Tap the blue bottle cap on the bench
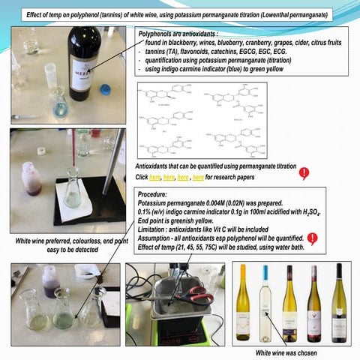(x=105, y=88)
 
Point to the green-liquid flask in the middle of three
(x=63, y=312)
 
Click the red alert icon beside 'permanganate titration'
(x=304, y=173)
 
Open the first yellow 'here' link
(x=155, y=177)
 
